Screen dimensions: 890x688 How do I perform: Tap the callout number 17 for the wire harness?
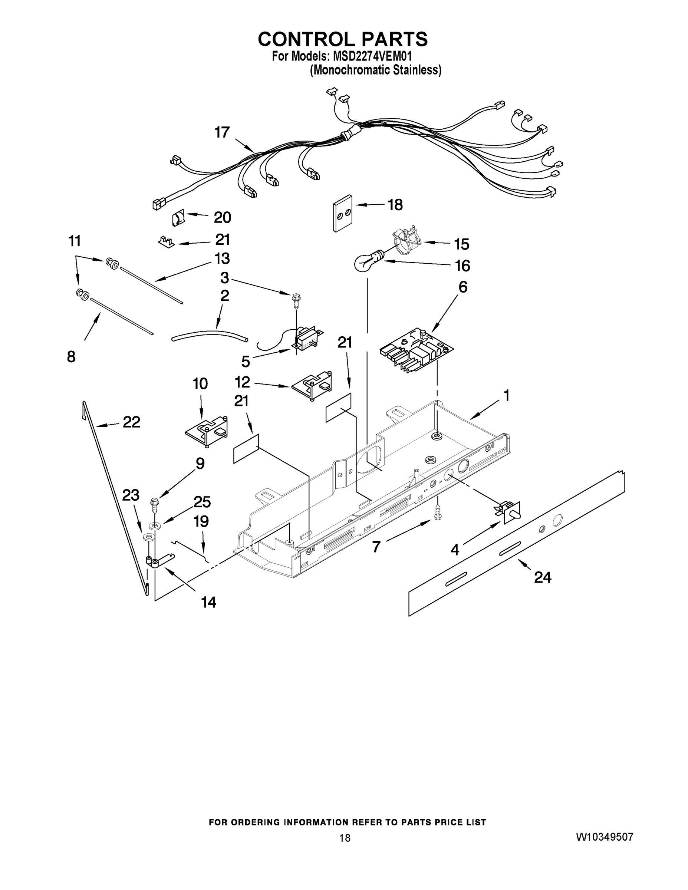click(x=222, y=132)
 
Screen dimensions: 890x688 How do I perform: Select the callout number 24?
click(x=543, y=577)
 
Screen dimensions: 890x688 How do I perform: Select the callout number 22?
click(x=131, y=422)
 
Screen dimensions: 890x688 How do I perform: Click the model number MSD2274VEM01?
click(x=372, y=56)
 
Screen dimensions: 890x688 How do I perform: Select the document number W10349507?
click(x=605, y=837)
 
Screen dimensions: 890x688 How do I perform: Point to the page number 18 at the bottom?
click(x=345, y=838)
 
